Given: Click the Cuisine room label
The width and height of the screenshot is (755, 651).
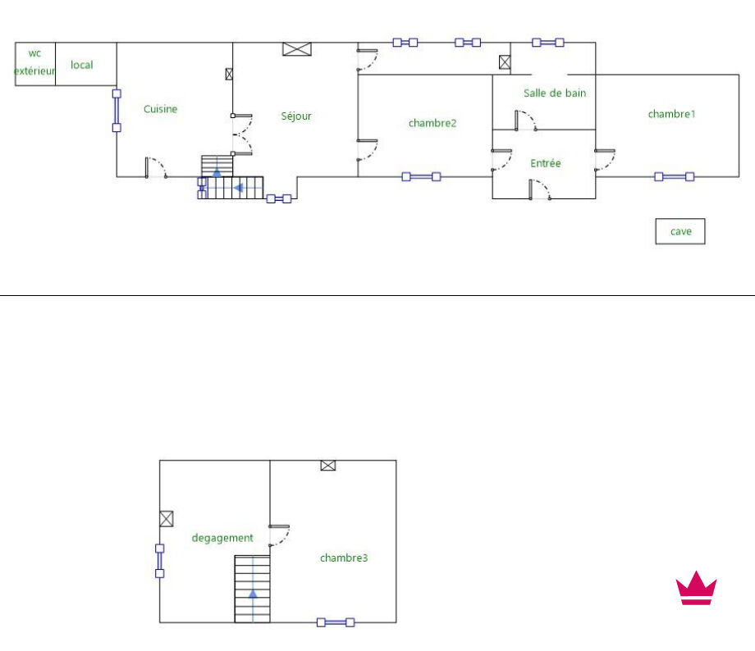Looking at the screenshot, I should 160,109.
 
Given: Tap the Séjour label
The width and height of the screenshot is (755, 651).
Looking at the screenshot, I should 295,116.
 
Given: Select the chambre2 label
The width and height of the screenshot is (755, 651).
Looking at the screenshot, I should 432,123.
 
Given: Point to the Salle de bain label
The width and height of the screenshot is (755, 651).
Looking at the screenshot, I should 555,93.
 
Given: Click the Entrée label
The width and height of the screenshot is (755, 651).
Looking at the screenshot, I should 546,163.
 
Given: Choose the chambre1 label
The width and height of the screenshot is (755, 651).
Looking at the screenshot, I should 671,114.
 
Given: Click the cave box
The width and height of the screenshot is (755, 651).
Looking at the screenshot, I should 680,231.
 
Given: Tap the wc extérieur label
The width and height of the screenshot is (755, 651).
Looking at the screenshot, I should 34,62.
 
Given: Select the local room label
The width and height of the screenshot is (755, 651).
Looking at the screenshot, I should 82,65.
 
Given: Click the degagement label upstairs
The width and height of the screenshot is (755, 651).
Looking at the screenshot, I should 222,538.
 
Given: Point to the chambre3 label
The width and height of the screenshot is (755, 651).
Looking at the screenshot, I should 344,558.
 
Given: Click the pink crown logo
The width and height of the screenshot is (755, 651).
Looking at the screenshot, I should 696,588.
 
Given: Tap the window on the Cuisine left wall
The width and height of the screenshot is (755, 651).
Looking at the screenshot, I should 117,110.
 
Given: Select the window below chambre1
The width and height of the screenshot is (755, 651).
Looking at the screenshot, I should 675,176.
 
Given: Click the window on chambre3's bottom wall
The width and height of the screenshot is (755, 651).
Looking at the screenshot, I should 336,622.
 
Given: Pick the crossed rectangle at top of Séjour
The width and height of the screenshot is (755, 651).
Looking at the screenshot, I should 297,49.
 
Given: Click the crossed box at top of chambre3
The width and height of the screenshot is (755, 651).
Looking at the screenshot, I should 328,465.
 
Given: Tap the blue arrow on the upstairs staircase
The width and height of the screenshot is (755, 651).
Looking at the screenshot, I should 253,593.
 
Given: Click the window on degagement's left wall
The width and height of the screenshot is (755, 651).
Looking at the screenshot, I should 159,561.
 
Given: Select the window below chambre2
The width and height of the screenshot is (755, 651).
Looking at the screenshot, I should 421,176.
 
